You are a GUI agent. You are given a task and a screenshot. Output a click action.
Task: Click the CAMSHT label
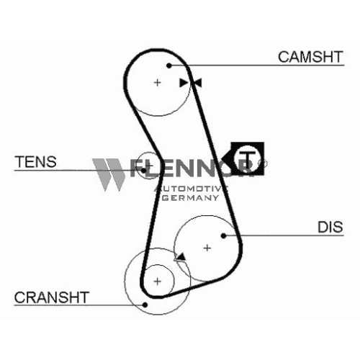(310, 57)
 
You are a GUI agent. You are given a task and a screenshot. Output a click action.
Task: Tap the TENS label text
(35, 162)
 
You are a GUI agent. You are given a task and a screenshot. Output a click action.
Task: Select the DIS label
(330, 227)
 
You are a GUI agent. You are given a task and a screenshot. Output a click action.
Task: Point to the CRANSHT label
(52, 297)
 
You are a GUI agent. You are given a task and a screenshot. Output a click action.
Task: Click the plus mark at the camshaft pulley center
(157, 83)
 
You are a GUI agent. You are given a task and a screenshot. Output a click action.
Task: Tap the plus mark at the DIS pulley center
(207, 248)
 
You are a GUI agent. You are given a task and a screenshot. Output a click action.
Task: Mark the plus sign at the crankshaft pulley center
(157, 282)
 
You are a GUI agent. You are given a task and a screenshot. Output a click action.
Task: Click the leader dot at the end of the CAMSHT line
(169, 66)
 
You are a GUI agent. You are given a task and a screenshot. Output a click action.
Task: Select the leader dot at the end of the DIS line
(223, 236)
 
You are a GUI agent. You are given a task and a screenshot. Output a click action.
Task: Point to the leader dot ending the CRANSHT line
(145, 305)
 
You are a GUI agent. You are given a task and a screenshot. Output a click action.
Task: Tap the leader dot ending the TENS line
(143, 171)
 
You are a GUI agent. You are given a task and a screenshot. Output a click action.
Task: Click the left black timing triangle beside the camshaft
(184, 83)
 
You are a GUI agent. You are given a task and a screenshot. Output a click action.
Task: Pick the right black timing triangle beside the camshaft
(198, 83)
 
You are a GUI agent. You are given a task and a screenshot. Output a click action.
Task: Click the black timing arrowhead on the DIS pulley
(181, 257)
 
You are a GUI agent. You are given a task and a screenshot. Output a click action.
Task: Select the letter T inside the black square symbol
(248, 159)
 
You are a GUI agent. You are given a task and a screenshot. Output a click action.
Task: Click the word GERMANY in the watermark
(191, 198)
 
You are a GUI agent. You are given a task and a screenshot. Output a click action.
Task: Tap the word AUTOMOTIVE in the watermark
(191, 189)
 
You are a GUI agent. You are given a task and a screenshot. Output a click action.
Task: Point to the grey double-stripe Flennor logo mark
(109, 174)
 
